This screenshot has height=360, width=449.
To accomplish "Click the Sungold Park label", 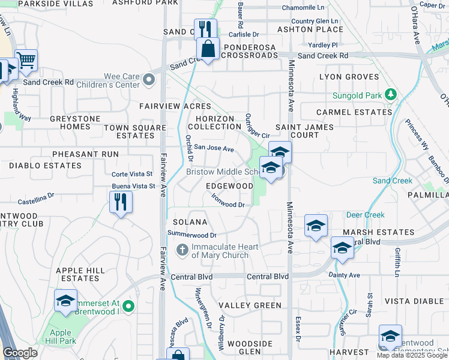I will tap(357, 95).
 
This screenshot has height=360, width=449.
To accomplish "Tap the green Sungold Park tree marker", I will tap(391, 94).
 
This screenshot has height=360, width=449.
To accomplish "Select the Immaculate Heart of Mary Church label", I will tap(224, 251).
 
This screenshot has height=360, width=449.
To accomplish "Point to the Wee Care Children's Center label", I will tap(113, 80).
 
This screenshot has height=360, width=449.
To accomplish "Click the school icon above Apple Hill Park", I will tap(65, 302).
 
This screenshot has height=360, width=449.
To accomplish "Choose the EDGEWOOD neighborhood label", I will tap(229, 186).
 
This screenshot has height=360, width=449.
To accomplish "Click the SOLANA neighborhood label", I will tap(190, 222).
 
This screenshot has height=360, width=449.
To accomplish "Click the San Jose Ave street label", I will tap(213, 148).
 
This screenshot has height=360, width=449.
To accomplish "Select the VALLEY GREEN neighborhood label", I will tap(250, 305).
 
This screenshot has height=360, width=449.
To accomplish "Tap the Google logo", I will tap(19, 353).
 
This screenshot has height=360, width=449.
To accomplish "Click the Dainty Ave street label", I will tap(344, 275).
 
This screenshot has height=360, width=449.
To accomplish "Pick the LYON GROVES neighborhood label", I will tap(349, 77).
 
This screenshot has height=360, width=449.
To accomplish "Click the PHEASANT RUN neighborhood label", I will tap(85, 154).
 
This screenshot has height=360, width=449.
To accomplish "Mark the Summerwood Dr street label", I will tap(191, 234).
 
